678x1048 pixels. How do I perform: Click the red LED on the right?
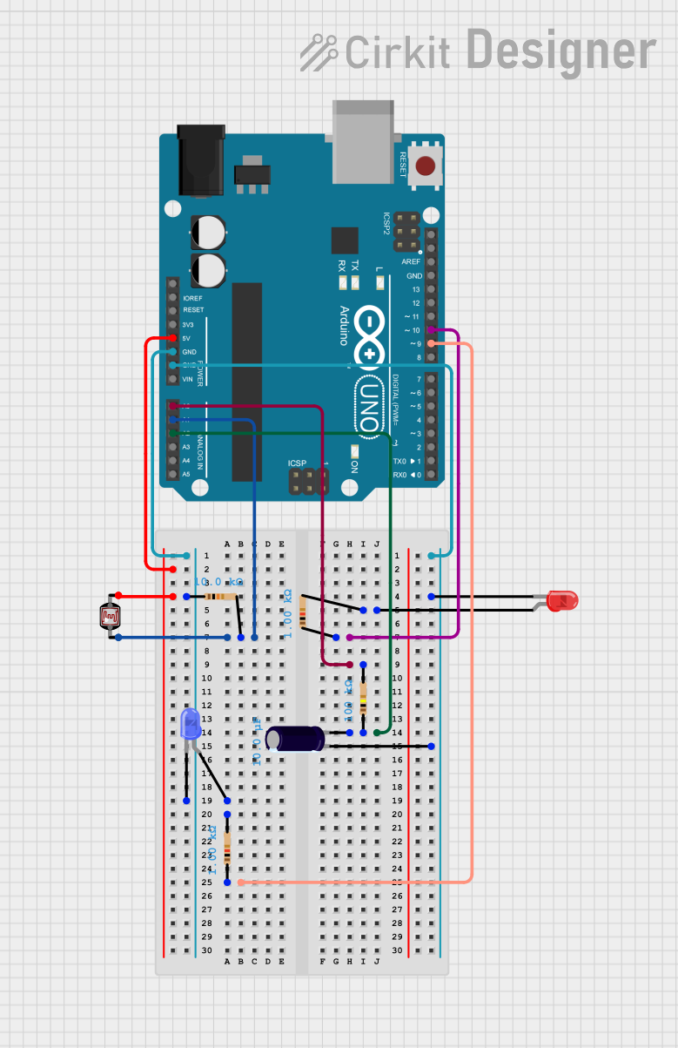(563, 600)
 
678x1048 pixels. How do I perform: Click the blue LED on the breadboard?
(189, 725)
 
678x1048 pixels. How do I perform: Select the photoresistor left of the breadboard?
(111, 617)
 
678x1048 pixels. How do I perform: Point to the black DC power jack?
(200, 159)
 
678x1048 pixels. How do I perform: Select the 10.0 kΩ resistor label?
(218, 582)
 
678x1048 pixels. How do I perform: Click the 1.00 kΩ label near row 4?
(289, 613)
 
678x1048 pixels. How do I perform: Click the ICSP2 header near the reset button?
(406, 232)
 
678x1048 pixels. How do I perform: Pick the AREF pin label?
(411, 262)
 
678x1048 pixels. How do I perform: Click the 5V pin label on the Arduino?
(187, 338)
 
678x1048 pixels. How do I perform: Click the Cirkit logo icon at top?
(319, 52)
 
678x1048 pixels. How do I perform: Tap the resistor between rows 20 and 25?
(227, 848)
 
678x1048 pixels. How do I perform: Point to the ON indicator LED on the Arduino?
(355, 450)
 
